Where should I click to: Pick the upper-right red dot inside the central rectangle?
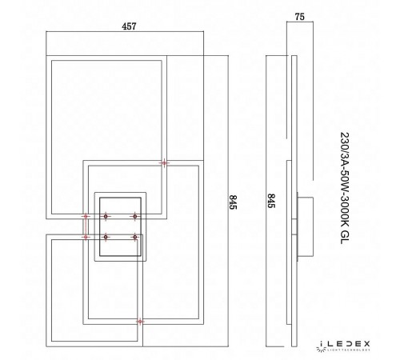coord(134,216)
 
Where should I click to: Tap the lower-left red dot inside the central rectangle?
coord(106,237)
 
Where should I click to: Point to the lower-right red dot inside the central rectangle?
coord(134,237)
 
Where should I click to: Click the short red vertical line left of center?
coord(85,226)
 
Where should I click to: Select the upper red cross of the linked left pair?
coord(85,216)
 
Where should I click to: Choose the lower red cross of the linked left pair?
coord(85,237)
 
